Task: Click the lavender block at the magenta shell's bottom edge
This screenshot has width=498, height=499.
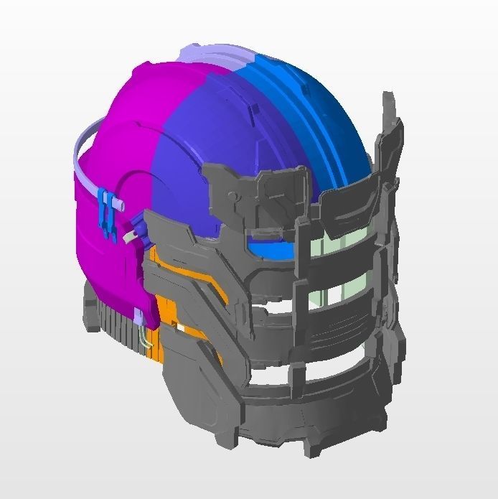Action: (144, 317)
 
